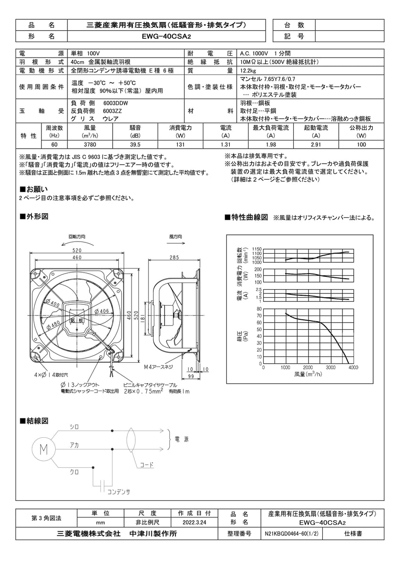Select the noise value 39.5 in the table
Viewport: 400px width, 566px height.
pyautogui.click(x=135, y=145)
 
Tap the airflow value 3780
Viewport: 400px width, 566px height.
pyautogui.click(x=90, y=145)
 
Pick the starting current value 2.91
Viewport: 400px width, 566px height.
pyautogui.click(x=316, y=145)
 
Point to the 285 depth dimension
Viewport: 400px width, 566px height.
pyautogui.click(x=175, y=258)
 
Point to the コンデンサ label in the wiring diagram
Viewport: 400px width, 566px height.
pyautogui.click(x=118, y=491)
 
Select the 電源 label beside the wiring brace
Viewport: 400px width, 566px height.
pyautogui.click(x=182, y=439)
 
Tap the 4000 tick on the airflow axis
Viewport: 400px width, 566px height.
pyautogui.click(x=353, y=367)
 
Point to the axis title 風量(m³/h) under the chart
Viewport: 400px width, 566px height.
pyautogui.click(x=308, y=374)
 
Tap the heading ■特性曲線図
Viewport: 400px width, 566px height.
pyautogui.click(x=247, y=217)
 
